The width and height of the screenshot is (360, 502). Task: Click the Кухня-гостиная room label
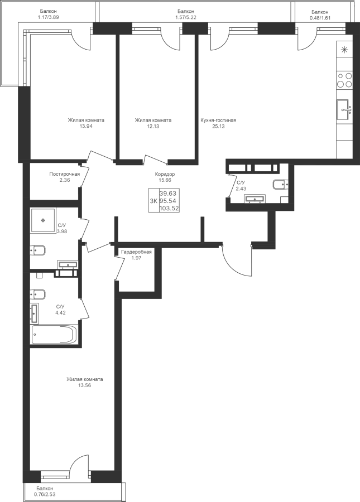(x=218, y=120)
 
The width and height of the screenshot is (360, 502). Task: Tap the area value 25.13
(x=218, y=126)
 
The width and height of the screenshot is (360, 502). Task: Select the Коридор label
(x=165, y=175)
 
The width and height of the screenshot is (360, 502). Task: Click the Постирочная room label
(x=64, y=174)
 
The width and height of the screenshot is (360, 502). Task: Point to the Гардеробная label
(x=136, y=252)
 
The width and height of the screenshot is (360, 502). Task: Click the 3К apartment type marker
(x=153, y=201)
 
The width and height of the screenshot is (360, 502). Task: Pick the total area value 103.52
(x=169, y=209)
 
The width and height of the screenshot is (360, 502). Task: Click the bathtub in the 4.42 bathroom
(x=54, y=334)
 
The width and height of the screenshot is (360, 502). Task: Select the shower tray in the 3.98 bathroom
(x=42, y=220)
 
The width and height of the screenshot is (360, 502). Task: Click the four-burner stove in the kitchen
(x=344, y=80)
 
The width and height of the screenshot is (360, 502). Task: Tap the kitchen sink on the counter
(x=344, y=110)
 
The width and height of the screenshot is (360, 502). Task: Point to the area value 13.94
(x=86, y=126)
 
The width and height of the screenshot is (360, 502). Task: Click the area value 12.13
(x=153, y=126)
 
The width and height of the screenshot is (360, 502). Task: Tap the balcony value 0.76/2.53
(x=45, y=494)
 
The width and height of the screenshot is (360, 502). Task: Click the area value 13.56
(x=85, y=385)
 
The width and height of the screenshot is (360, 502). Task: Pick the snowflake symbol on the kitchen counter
(x=344, y=49)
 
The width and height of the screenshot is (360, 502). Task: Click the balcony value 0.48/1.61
(x=320, y=18)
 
